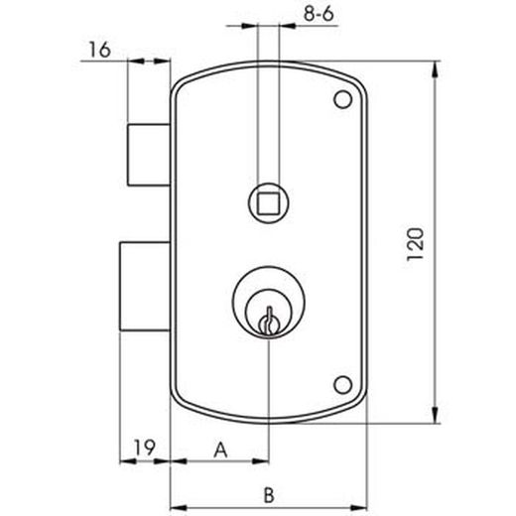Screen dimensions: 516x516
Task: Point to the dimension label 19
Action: [145, 448]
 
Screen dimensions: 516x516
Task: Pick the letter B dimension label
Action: [267, 493]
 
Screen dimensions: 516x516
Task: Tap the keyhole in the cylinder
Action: [266, 322]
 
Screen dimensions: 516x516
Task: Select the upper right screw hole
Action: [342, 100]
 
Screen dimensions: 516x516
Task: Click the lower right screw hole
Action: [342, 383]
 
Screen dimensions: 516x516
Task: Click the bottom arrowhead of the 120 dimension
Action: [435, 416]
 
